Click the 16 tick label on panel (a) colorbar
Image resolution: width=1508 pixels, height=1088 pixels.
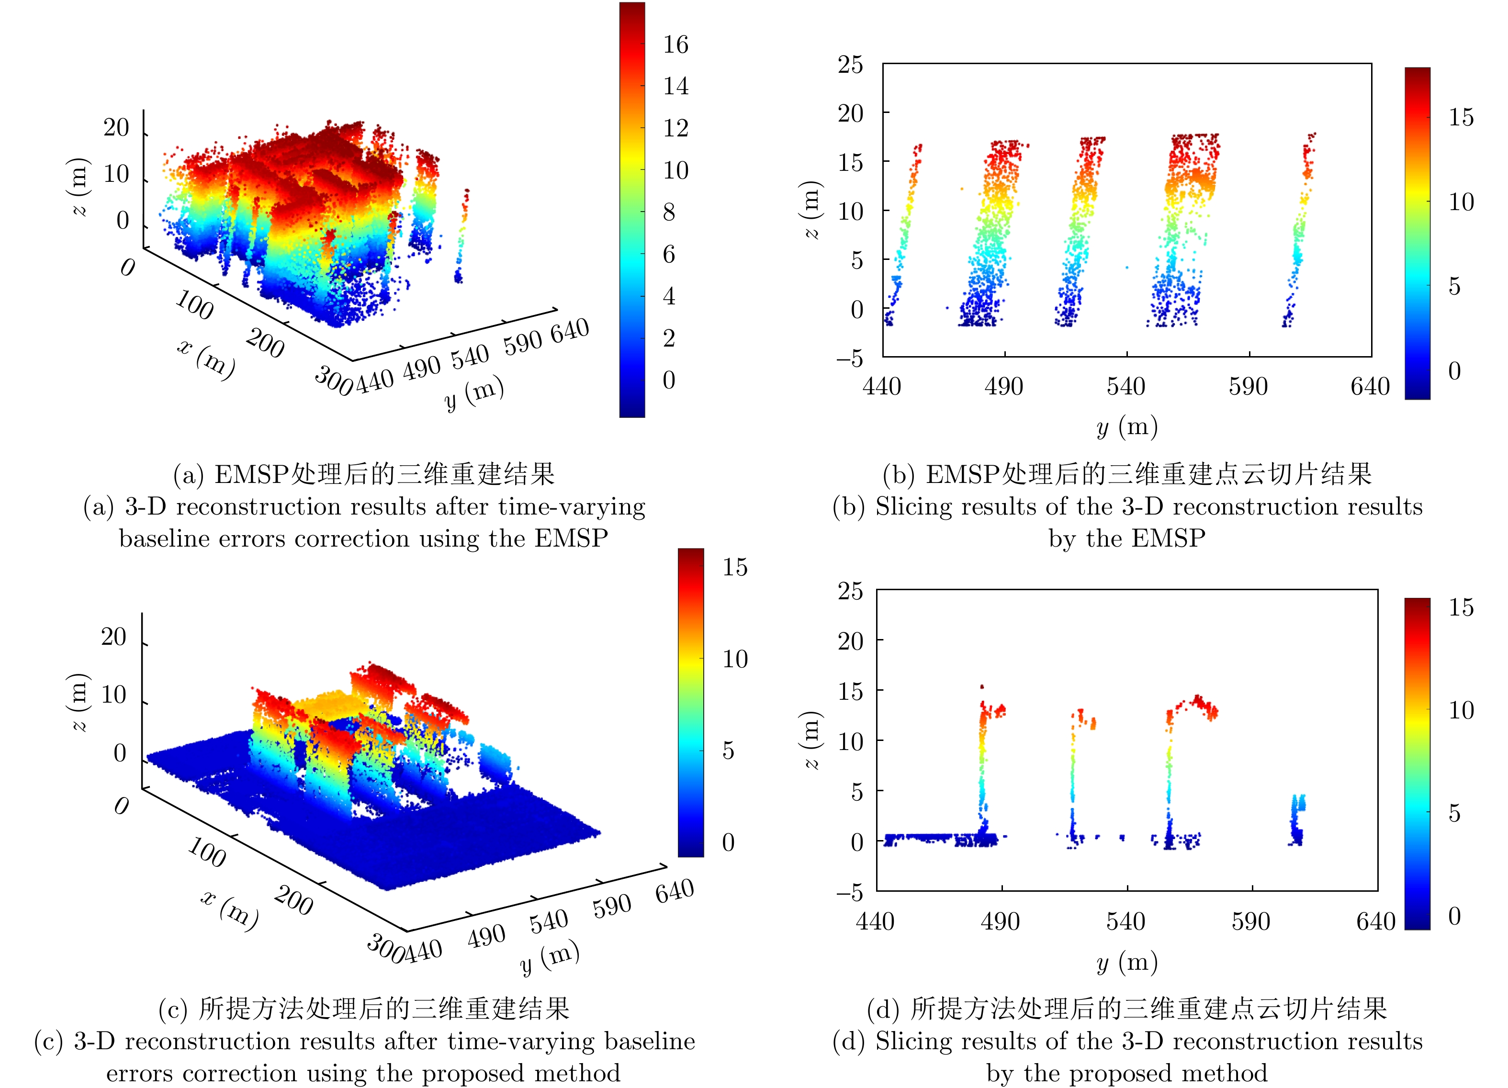675,45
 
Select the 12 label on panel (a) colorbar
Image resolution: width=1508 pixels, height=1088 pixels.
675,128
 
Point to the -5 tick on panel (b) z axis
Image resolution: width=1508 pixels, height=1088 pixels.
850,359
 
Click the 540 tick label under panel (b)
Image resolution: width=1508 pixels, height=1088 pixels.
1125,386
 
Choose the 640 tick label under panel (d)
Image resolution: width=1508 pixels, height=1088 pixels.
1376,921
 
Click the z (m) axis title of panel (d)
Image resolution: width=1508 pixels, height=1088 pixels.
811,740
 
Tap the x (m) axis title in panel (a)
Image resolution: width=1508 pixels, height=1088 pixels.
206,359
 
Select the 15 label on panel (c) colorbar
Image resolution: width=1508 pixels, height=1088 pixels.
735,567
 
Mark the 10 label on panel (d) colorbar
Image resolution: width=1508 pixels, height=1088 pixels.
1461,710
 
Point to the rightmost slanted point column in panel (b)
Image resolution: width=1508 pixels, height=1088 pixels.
1300,226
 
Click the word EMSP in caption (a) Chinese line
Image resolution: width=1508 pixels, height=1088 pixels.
251,474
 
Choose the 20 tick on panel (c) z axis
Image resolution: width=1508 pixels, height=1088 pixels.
113,637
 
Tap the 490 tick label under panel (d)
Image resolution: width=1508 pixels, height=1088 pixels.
1000,921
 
